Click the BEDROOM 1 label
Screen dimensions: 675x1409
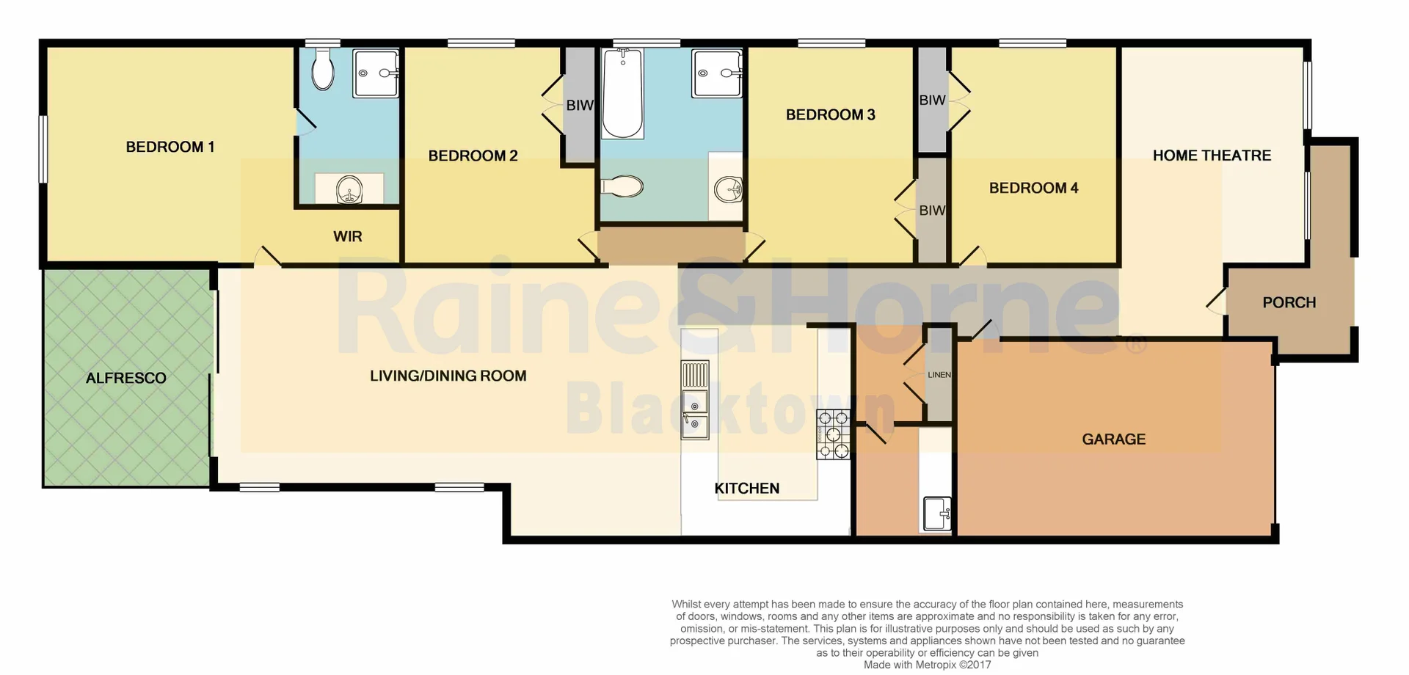point(170,147)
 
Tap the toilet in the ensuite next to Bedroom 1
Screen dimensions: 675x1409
point(323,71)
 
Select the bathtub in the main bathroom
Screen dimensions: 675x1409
point(622,94)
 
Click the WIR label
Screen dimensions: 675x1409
point(347,236)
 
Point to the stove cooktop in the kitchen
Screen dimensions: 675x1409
point(833,435)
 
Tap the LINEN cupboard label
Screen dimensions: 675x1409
point(939,375)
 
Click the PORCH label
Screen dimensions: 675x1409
point(1289,302)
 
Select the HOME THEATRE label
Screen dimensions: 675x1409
point(1212,156)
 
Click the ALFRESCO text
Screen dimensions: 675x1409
point(125,378)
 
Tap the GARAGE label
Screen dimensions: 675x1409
point(1113,439)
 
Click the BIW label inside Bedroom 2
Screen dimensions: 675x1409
point(579,106)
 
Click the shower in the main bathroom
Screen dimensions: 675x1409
point(717,73)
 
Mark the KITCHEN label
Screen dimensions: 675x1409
point(746,488)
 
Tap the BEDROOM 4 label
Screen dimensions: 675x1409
point(1033,188)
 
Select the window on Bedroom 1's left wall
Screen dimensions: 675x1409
point(43,149)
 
